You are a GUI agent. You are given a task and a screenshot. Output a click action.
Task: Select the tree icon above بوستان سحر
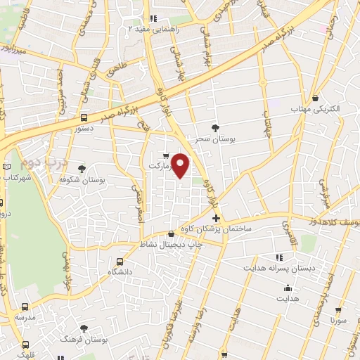pos(215,127)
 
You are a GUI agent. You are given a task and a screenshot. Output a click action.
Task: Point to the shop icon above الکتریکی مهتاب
pos(316,97)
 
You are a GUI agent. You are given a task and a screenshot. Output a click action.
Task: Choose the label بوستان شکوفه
pos(103,181)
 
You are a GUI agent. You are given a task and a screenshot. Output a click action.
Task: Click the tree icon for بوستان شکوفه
pos(82,168)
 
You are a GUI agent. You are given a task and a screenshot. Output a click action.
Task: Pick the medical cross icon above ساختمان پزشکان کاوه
pos(216,218)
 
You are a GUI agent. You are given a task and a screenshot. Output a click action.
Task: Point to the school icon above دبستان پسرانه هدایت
pos(279,257)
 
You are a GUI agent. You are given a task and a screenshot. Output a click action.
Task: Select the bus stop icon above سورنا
pos(340,308)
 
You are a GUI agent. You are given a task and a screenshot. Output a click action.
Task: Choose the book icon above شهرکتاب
pos(8,166)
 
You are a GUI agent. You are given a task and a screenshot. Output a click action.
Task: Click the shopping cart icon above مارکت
pos(165,155)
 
